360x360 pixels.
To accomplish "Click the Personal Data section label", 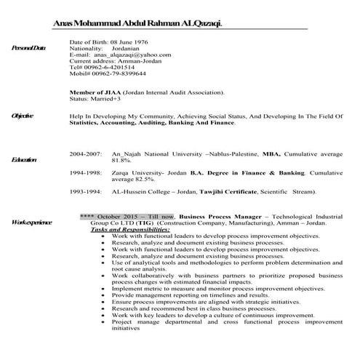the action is click(28, 48).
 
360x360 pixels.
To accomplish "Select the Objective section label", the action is click(23, 116).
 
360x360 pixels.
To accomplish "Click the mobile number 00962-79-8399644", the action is click(116, 73).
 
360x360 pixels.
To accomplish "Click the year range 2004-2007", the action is click(86, 154).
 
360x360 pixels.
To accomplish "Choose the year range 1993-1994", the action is click(86, 191).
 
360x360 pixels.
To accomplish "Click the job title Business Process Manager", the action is click(223, 217).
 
